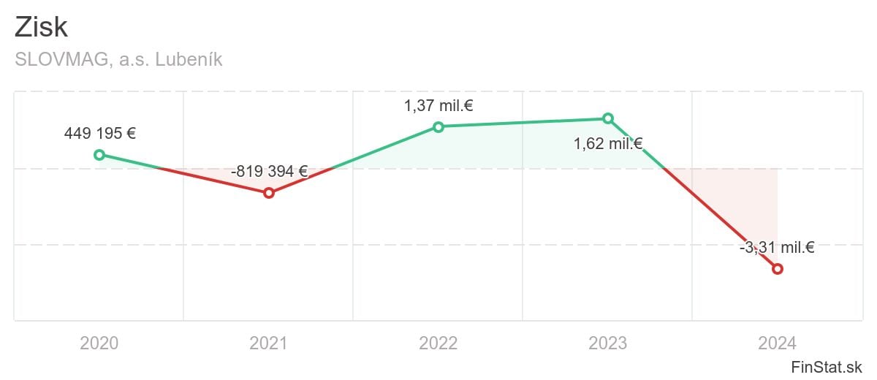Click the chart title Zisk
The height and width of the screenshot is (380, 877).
click(x=42, y=28)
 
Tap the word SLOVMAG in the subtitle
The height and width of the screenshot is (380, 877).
click(x=60, y=60)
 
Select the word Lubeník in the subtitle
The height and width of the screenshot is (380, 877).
click(x=189, y=60)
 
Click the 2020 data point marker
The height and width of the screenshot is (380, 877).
click(x=99, y=154)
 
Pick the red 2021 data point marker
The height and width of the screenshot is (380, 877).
click(x=269, y=193)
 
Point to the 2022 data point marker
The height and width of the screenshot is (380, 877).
click(x=438, y=126)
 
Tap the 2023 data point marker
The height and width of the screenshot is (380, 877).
click(x=608, y=118)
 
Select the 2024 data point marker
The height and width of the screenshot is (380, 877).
click(x=778, y=269)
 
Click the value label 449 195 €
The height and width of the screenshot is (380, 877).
click(x=100, y=134)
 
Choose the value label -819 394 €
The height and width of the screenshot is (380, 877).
click(x=269, y=172)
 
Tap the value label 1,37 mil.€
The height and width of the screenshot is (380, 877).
click(x=438, y=106)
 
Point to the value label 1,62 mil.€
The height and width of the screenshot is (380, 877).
click(x=608, y=144)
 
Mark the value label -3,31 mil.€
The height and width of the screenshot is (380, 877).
click(x=777, y=248)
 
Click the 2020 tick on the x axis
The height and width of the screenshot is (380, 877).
click(x=99, y=343)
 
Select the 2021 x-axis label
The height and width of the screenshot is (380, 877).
click(x=269, y=343)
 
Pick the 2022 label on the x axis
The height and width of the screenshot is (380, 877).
click(x=438, y=343)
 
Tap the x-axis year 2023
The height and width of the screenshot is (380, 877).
click(x=608, y=343)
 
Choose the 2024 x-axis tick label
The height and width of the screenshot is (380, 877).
click(x=778, y=343)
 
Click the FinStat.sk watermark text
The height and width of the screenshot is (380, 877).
click(x=827, y=367)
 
